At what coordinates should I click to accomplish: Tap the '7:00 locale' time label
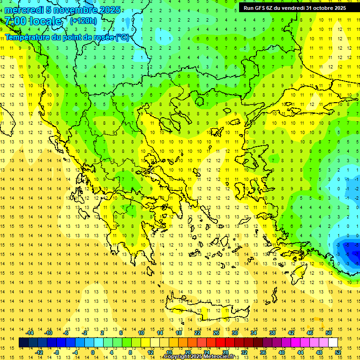[33, 21]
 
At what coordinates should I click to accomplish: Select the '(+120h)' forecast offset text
[83, 21]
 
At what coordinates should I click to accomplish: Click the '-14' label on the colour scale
[30, 333]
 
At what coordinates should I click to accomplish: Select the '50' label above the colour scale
[328, 333]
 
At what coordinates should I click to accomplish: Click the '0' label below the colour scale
[92, 352]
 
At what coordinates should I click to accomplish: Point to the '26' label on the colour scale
[216, 333]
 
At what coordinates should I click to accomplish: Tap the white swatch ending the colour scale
[333, 343]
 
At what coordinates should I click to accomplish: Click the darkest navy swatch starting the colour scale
[23, 343]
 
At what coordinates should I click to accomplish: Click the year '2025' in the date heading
[107, 10]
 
